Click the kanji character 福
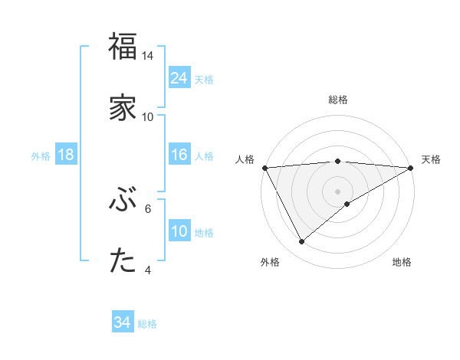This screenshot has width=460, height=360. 123,47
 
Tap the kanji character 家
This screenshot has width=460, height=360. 123,106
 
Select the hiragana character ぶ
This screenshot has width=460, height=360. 123,201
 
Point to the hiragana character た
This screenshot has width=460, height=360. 123,261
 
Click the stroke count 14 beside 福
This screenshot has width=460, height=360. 148,56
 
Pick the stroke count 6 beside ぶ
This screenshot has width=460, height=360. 148,208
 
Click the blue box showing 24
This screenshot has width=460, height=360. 179,78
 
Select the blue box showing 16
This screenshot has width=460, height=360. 179,155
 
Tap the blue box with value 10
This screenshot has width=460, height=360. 179,232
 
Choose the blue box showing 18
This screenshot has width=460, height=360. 66,155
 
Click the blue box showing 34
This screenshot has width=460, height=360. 123,323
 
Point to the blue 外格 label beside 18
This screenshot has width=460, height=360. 41,156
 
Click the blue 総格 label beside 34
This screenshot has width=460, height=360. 147,324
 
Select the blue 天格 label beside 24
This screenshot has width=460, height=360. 204,79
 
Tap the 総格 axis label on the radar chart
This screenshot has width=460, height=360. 338,100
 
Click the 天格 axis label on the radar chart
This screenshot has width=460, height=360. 431,159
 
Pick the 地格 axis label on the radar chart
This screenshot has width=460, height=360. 402,262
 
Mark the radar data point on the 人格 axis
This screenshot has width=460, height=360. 264,167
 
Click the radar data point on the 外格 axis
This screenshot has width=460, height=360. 301,242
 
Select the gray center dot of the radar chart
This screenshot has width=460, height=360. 338,191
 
